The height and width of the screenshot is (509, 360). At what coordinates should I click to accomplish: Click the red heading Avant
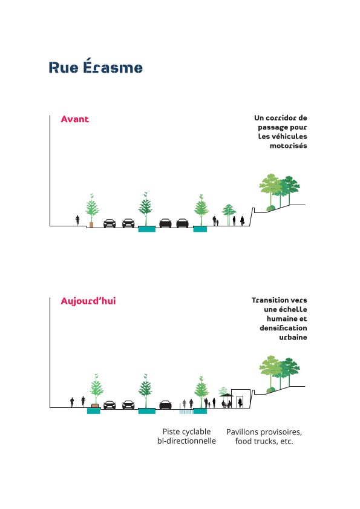pos(74,119)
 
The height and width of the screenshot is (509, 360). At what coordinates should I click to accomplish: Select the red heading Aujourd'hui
pos(88,301)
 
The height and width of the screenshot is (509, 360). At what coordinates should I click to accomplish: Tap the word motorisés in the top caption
pos(288,146)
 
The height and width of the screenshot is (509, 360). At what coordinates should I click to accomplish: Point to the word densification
pos(283,328)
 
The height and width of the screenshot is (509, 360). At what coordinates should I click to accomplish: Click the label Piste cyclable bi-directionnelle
pos(186,436)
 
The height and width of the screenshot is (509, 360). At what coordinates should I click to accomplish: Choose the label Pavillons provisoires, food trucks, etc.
pos(264,436)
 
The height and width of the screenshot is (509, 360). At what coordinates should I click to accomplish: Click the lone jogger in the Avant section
pos(77,220)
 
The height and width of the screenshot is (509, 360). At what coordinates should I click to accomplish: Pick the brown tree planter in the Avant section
pos(91,225)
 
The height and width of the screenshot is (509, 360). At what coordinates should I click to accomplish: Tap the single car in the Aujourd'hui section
pos(165,405)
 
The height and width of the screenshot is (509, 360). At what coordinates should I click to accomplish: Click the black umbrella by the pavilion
pos(226,395)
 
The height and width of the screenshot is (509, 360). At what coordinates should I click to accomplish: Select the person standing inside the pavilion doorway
pos(240,402)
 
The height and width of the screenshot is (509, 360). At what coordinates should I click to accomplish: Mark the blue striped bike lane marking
pos(186,412)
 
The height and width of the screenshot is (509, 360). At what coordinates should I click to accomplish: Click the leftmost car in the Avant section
pos(110,223)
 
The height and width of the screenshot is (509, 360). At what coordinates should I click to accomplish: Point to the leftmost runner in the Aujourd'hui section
pos(72,402)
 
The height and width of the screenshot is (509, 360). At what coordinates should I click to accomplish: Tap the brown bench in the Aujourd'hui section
pos(95,406)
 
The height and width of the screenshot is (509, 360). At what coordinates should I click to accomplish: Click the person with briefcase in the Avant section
pos(242,221)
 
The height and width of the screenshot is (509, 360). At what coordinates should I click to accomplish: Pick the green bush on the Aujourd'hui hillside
pos(270,390)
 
